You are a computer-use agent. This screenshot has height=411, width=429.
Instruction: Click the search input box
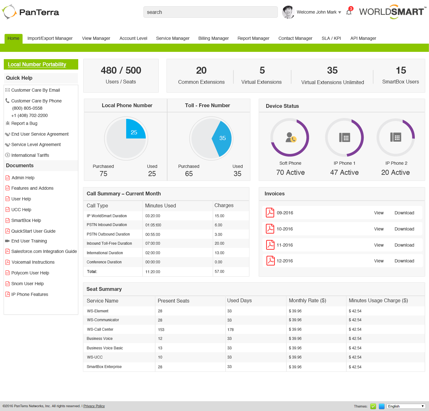210,12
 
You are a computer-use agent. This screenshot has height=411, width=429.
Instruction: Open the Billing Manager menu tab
214,38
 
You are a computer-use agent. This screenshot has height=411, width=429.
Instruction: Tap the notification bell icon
349,12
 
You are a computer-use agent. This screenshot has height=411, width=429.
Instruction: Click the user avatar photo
288,12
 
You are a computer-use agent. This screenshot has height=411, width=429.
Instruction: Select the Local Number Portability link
37,64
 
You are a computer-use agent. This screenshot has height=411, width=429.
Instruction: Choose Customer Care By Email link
35,90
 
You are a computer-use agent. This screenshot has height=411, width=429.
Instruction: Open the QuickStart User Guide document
33,231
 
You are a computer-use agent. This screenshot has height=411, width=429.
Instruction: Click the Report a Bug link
24,123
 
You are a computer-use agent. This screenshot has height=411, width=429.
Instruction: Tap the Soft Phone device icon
290,138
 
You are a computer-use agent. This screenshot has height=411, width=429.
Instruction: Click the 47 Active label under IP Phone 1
344,173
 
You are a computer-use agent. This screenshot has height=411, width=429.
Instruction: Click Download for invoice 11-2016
404,245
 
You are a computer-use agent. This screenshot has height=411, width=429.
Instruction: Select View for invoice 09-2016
379,213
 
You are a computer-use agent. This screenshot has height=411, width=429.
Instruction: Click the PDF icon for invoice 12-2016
271,261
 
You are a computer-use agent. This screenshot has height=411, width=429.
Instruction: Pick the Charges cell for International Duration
220,253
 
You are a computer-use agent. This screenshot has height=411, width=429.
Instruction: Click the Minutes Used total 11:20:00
153,272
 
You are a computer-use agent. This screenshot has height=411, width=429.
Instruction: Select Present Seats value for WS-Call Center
161,329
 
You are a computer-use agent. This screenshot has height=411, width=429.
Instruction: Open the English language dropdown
406,406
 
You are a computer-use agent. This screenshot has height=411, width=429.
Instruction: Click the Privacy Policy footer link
94,406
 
